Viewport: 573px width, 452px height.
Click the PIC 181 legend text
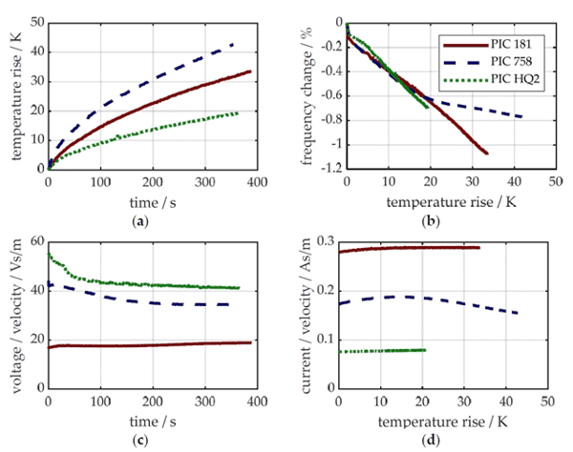(511, 45)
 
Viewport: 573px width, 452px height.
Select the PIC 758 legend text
(511, 61)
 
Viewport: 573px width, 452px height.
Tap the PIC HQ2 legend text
(515, 78)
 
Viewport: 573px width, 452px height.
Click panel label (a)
(140, 221)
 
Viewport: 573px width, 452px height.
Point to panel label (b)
(431, 221)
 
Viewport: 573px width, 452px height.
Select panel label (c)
(140, 441)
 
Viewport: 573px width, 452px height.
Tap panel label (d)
(431, 441)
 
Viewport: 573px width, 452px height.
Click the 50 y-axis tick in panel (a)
(37, 23)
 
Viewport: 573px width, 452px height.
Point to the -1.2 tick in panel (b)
(331, 168)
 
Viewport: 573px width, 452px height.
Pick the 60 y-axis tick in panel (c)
(37, 241)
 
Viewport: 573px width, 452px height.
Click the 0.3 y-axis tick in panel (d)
(327, 241)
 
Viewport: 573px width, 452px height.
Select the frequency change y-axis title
(308, 96)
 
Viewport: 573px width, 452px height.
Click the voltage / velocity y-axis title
(17, 316)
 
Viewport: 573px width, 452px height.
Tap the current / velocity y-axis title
(307, 316)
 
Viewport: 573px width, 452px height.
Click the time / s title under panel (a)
(153, 202)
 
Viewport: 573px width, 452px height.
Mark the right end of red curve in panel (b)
(487, 154)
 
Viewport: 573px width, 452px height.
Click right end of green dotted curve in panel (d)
(425, 350)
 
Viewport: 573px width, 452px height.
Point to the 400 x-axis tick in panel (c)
(257, 401)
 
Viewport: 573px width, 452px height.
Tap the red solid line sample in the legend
(466, 45)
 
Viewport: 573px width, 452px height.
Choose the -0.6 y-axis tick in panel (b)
(331, 95)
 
